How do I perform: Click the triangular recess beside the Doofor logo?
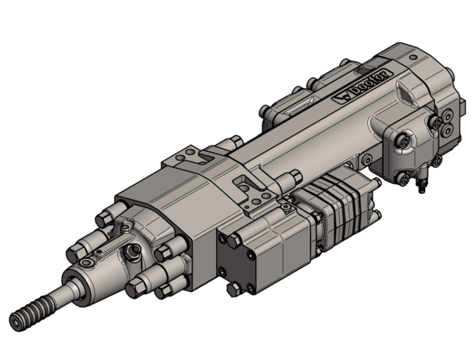click(x=405, y=95)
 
